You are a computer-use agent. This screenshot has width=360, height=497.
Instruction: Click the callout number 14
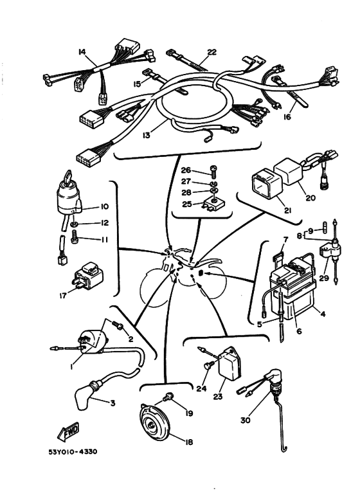[x=82, y=51]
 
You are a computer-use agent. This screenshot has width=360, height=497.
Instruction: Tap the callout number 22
[x=212, y=51]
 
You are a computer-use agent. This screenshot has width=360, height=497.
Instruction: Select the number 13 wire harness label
[x=146, y=135]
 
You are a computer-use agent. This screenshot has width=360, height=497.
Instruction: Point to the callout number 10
[x=104, y=206]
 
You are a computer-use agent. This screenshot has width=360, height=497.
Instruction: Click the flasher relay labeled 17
[x=88, y=276]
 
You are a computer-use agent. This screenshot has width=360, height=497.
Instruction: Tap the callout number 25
[x=187, y=204]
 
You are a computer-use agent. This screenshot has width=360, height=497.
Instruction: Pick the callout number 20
[x=310, y=198]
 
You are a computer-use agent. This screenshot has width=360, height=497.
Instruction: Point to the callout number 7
[x=285, y=240]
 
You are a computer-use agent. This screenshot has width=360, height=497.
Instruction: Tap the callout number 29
[x=324, y=278]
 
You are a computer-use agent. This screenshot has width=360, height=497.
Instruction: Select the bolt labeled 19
[x=167, y=397]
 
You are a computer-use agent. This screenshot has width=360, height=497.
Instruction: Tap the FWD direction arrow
[x=68, y=431]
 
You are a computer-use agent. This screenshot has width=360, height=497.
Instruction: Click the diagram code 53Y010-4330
[x=73, y=452]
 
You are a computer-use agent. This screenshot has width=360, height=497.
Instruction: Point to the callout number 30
[x=246, y=420]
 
